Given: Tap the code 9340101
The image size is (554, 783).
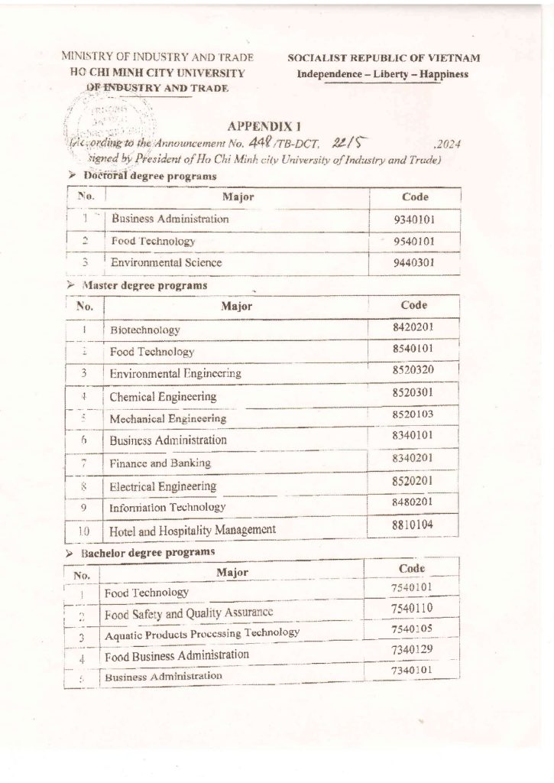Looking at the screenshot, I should click(x=413, y=220).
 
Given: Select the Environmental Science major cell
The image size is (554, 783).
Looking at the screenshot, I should click(x=167, y=262).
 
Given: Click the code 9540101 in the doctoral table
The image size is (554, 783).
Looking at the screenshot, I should click(x=413, y=242).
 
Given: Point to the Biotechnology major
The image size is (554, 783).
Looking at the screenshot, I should click(x=145, y=330).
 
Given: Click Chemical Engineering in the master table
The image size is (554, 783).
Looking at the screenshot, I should click(x=163, y=397).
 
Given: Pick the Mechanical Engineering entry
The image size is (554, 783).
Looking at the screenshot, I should click(x=168, y=418).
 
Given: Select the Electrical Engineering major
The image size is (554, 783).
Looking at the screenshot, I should click(x=163, y=486).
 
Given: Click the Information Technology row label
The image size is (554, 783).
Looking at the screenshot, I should click(x=168, y=506).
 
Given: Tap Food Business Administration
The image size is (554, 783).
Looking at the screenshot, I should click(x=177, y=655).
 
